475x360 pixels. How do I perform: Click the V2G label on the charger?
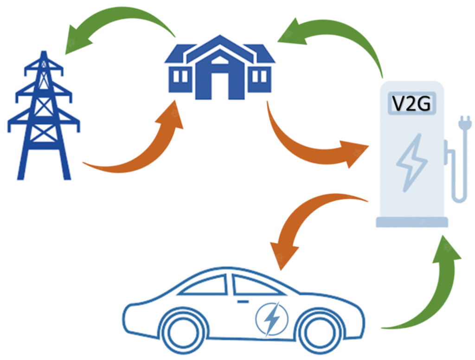[x=411, y=103]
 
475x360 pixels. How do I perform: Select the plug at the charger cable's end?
[x=465, y=122]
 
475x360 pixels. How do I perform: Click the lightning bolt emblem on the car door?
[x=272, y=319]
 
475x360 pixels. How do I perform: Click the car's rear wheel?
[x=182, y=332]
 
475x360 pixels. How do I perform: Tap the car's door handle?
[x=243, y=302]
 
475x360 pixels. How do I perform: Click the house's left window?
[x=180, y=77]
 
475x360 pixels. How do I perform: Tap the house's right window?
[x=260, y=77]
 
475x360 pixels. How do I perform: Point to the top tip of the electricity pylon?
[x=44, y=51]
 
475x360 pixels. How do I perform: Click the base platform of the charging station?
[x=412, y=222]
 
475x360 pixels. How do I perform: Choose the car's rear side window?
[x=203, y=285]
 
